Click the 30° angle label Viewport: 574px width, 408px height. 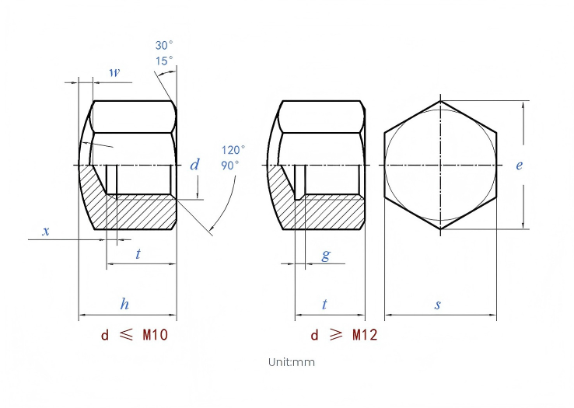pos(163,45)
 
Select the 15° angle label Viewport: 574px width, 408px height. pos(163,61)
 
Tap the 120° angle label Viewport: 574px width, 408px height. pos(233,150)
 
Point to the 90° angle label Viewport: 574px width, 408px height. pos(229,166)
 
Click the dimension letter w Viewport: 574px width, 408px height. pos(114,72)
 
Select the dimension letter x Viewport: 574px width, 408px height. pos(46,232)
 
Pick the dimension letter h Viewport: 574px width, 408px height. pos(124,304)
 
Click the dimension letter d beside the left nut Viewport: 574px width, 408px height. pos(194,165)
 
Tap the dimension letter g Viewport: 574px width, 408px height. pos(326,255)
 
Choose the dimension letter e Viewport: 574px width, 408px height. pos(519,166)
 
